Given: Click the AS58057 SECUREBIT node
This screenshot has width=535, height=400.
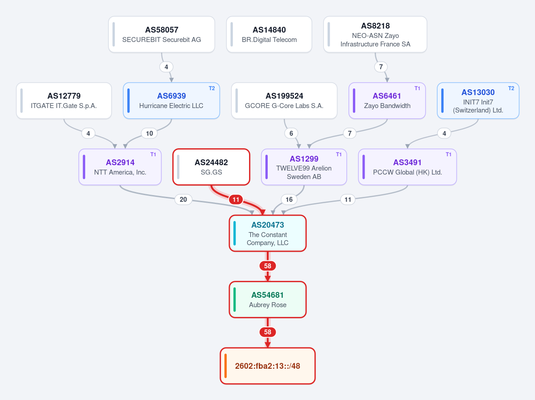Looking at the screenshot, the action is click(x=162, y=34).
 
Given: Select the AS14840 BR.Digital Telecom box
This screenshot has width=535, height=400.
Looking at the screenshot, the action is click(x=269, y=34).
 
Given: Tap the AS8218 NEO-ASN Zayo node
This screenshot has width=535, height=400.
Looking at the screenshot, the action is click(x=375, y=34).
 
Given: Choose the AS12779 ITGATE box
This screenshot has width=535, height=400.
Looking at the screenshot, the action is click(x=64, y=101).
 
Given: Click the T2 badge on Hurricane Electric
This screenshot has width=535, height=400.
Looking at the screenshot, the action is click(x=212, y=88).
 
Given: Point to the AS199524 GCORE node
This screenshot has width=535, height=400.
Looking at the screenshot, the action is click(x=284, y=101).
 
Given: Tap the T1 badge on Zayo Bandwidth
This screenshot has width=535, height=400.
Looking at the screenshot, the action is click(x=417, y=88).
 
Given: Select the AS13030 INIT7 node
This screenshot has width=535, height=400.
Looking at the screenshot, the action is click(x=478, y=101).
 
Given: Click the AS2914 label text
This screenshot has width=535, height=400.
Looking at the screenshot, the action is click(x=120, y=162).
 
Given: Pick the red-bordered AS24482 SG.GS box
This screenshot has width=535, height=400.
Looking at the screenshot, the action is click(x=211, y=167).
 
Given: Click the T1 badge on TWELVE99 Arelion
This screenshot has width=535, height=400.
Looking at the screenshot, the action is click(x=339, y=154).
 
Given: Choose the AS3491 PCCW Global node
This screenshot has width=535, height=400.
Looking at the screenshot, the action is click(x=407, y=167).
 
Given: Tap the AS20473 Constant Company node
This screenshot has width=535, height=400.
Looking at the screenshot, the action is click(x=268, y=233).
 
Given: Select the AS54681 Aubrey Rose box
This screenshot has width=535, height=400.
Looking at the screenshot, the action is click(x=268, y=299).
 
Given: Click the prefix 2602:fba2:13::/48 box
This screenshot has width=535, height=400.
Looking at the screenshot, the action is click(x=268, y=366).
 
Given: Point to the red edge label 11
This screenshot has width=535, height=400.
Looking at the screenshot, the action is click(x=236, y=200).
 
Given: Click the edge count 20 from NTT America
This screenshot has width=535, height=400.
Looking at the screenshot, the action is click(x=183, y=199).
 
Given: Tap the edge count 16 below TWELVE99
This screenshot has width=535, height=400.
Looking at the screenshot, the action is click(x=289, y=199).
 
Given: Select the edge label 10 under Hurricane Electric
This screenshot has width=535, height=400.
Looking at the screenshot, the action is click(x=149, y=133).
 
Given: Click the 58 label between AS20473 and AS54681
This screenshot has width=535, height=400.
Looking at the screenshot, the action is click(x=268, y=266).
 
